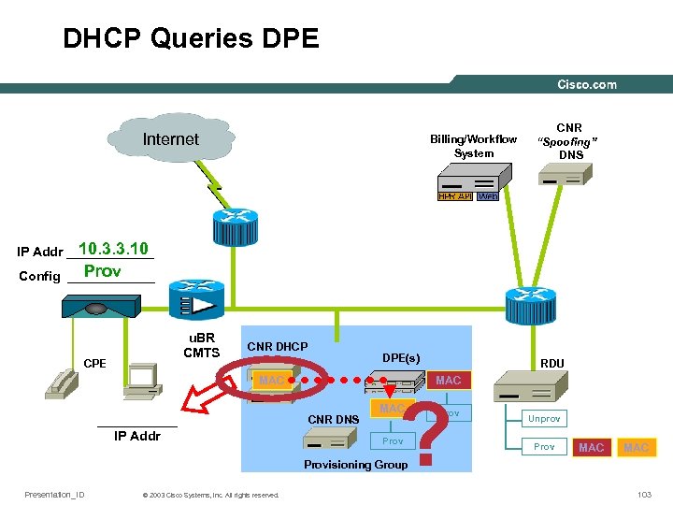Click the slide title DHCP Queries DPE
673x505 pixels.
coord(191,38)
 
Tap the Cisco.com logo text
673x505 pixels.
coord(586,84)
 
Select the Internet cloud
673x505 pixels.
coord(170,139)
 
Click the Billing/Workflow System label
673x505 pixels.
coord(473,146)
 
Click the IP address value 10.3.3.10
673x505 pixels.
coord(113,249)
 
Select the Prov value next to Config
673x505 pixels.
coord(102,271)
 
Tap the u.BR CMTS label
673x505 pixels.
coord(201,345)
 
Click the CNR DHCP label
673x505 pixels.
coord(277,347)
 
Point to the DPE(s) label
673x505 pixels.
coord(401,357)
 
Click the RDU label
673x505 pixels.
coord(551,363)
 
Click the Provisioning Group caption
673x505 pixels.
coord(355,465)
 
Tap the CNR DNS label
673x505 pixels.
coord(334,419)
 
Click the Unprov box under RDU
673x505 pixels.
coord(545,419)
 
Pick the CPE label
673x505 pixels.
coord(93,363)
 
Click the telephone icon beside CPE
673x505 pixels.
coord(64,382)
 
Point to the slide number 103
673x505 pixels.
coord(643,495)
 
